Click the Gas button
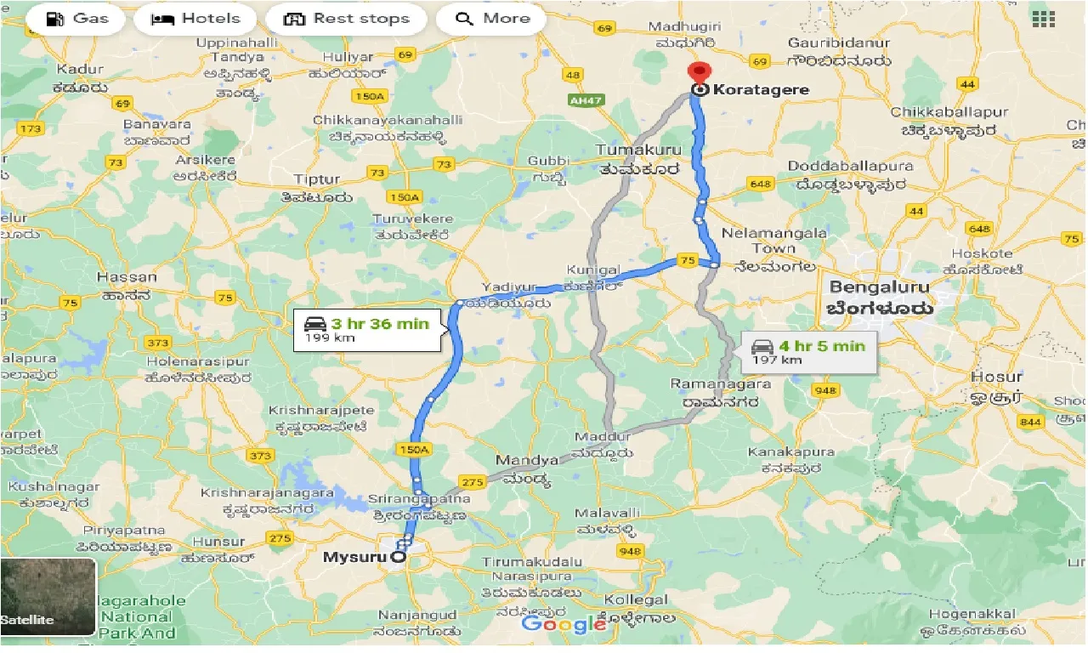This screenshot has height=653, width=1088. click(x=76, y=19)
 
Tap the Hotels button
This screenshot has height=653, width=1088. click(x=195, y=19)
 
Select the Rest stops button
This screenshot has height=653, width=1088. click(x=346, y=19)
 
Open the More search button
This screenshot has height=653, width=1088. click(x=492, y=19)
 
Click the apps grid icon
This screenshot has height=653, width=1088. click(x=1042, y=18)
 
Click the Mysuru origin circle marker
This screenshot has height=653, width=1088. click(x=397, y=558)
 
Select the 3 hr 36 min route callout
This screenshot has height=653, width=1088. click(x=367, y=329)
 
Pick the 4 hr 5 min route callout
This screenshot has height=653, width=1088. click(x=808, y=351)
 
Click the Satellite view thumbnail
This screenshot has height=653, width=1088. click(x=48, y=597)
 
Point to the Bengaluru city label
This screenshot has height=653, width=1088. click(x=880, y=287)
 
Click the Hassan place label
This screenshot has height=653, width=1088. click(x=127, y=277)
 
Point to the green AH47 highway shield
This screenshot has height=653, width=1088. click(x=580, y=99)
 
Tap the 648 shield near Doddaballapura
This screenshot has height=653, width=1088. click(x=759, y=184)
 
